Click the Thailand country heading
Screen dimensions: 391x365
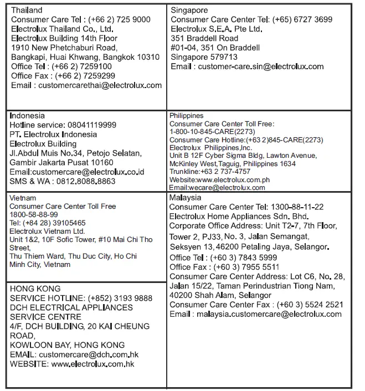coord(27,10)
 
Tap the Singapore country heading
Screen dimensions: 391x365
coord(189,10)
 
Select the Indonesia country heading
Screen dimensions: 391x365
coord(27,116)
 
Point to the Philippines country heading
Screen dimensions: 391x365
coord(186,116)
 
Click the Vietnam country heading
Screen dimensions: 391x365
coord(23,198)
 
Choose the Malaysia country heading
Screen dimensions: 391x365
coord(186,198)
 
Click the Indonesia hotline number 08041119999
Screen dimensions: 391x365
coord(91,125)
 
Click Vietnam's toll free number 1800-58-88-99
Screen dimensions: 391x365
coord(34,214)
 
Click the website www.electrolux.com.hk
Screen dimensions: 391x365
coord(92,364)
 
